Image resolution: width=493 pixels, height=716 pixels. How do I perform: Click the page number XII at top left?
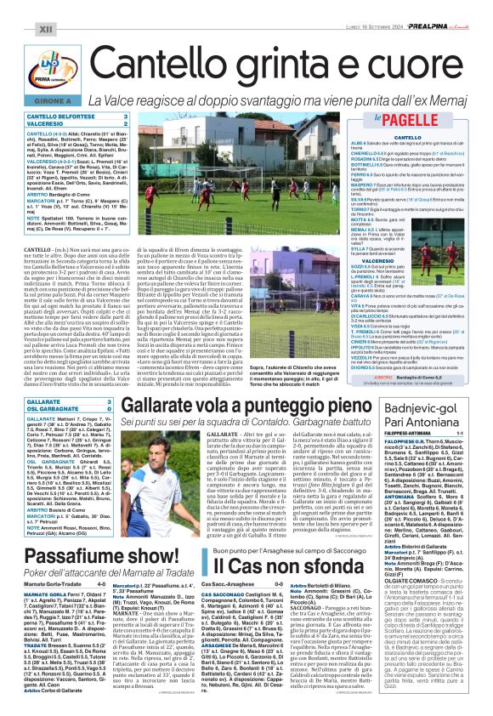(22, 7)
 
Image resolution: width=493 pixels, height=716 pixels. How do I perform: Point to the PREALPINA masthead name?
(432, 7)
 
